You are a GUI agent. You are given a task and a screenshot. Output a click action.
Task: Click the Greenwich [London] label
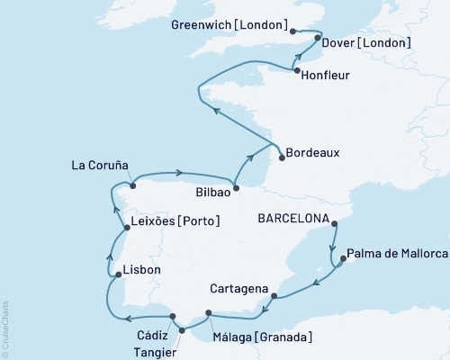(x=229, y=25)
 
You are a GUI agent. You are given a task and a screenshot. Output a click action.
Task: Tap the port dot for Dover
(x=318, y=39)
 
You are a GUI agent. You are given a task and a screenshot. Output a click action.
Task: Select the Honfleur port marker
(x=296, y=70)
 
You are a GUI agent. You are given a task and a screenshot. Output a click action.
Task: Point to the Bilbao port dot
(x=236, y=188)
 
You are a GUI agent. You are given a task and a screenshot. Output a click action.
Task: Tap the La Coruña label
(x=100, y=166)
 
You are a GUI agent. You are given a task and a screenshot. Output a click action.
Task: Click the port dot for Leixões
(x=125, y=228)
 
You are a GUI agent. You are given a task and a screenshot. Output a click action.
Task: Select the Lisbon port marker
(x=117, y=274)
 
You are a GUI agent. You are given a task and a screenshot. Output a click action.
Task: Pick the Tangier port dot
(x=182, y=330)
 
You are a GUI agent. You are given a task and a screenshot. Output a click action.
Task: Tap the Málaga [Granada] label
(x=263, y=337)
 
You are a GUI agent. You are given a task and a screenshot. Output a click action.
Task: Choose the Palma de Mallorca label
(x=397, y=253)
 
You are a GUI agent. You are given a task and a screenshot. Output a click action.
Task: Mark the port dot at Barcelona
(x=334, y=223)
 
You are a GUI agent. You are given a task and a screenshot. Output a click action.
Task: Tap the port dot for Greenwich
(x=292, y=31)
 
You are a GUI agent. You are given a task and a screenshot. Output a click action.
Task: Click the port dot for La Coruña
(x=133, y=186)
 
